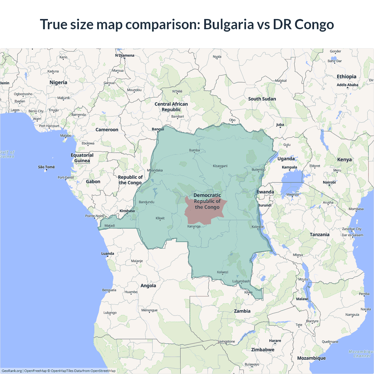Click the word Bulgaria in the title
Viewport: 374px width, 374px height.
click(x=228, y=25)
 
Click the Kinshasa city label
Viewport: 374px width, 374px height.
click(x=127, y=211)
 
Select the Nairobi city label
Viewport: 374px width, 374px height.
click(x=329, y=182)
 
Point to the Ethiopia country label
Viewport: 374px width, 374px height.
click(x=347, y=77)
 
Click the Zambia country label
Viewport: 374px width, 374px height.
click(x=242, y=311)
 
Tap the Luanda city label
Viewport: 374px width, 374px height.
click(x=108, y=254)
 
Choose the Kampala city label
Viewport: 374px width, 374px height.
click(x=289, y=167)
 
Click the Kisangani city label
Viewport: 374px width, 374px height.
click(x=220, y=166)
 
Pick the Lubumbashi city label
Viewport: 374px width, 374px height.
click(x=241, y=281)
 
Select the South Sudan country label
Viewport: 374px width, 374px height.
click(x=262, y=99)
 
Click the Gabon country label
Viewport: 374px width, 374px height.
click(x=93, y=182)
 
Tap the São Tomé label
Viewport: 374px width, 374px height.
click(x=46, y=167)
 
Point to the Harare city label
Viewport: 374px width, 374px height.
click(x=275, y=341)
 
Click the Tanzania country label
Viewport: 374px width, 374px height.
click(x=319, y=235)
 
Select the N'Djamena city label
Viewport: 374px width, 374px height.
click(x=125, y=56)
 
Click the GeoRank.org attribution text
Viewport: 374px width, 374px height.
click(x=12, y=371)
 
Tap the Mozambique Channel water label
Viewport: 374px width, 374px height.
click(x=361, y=354)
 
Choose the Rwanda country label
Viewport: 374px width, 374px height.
click(x=265, y=192)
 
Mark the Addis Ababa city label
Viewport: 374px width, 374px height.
click(x=347, y=85)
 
